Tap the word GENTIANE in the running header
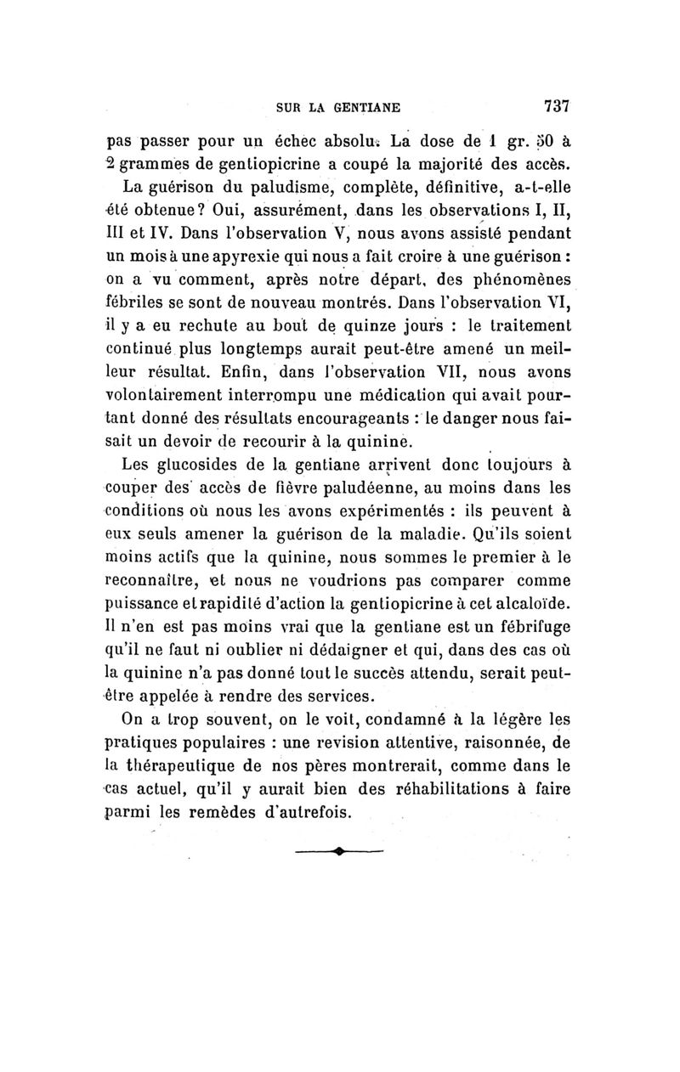[365, 108]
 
